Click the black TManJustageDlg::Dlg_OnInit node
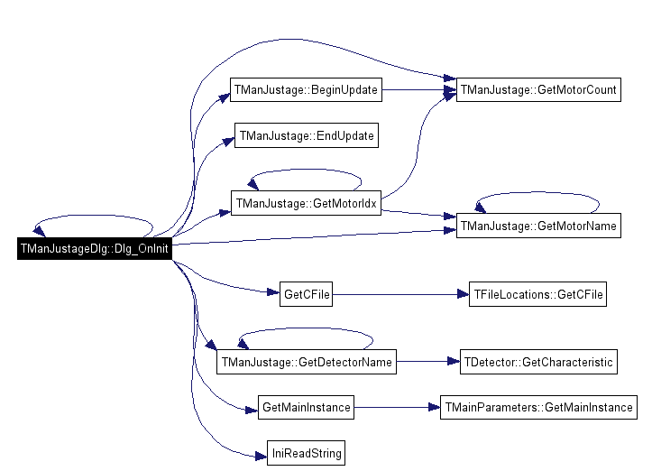(x=95, y=248)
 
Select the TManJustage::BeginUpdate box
(x=306, y=89)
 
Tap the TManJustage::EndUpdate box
(x=307, y=135)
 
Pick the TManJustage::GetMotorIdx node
(x=306, y=203)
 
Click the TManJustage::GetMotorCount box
(x=538, y=89)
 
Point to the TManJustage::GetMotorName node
(x=538, y=226)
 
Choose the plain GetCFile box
(x=306, y=294)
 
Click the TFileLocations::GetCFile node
(x=537, y=294)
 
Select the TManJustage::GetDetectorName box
(x=307, y=362)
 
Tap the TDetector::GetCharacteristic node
(x=538, y=362)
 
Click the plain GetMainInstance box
(x=306, y=407)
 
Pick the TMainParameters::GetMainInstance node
(x=538, y=407)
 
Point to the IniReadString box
(x=306, y=453)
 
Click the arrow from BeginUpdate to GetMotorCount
(x=419, y=89)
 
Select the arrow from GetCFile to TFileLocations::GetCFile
(x=400, y=294)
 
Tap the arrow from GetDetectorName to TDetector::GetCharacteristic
(x=428, y=362)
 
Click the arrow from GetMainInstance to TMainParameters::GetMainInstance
(x=397, y=407)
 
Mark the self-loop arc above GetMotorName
(x=537, y=193)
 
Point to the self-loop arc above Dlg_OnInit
(x=94, y=216)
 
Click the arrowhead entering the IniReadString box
(x=262, y=457)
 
